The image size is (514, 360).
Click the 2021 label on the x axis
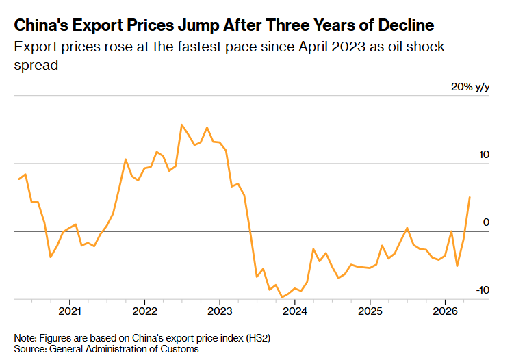(70, 311)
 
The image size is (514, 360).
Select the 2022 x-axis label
(144, 311)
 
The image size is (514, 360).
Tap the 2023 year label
(220, 311)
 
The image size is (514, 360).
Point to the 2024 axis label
(295, 311)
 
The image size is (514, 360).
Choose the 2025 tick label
(370, 311)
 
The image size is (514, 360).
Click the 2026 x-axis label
(445, 311)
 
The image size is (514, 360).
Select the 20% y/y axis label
(470, 87)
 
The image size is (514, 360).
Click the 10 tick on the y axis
(484, 155)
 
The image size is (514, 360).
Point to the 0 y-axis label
(486, 222)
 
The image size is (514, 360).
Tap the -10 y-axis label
(483, 290)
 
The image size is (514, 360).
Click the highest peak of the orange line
(182, 125)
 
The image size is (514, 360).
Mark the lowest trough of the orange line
(282, 297)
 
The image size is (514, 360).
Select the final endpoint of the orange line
(470, 197)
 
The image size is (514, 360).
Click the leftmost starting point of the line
(19, 179)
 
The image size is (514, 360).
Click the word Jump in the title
(198, 25)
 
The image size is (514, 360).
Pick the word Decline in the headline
(406, 25)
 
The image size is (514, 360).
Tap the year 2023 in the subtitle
(348, 47)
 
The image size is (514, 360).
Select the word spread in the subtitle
(36, 66)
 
